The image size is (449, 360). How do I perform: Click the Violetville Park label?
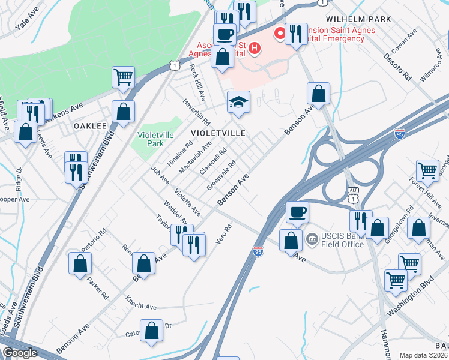(151, 139)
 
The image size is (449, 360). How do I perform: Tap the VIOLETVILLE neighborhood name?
(218, 133)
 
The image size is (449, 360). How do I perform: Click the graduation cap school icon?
(238, 102)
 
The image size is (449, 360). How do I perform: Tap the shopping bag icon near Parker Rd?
(80, 263)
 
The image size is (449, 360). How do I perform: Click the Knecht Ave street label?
(141, 303)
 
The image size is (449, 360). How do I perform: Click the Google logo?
(20, 353)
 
